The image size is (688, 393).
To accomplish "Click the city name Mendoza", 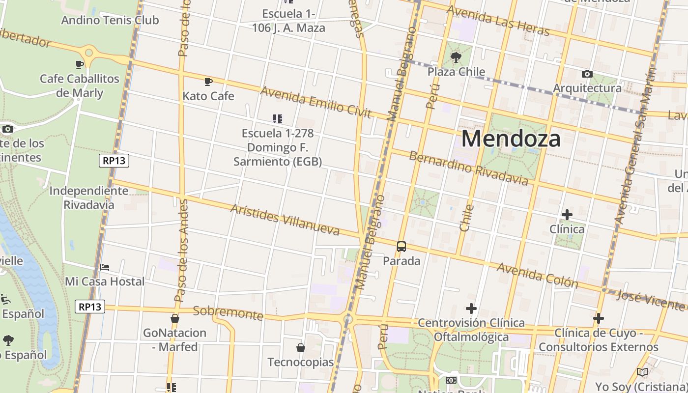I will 511,139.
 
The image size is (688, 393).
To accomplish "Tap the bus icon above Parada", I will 401,247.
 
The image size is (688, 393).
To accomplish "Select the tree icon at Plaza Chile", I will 456,57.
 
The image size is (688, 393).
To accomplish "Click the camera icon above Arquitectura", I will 587,74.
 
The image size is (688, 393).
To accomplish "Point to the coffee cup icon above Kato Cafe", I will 208,82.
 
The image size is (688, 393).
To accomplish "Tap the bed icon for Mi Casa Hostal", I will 105,267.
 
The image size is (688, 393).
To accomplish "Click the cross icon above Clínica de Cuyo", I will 598,318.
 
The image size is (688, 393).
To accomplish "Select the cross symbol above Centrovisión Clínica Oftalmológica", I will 471,309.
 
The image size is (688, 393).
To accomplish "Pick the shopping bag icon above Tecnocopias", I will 301,348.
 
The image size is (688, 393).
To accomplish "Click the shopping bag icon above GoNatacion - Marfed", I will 174,319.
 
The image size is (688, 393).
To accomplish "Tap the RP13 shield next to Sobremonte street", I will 90,307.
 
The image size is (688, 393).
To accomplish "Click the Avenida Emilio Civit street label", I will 315,102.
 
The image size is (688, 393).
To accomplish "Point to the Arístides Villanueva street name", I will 285,220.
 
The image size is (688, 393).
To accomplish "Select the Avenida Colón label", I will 537,275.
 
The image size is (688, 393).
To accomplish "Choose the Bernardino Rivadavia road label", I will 468,168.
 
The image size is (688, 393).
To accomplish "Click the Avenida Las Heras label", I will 498,21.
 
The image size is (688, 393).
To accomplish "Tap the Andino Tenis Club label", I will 110,20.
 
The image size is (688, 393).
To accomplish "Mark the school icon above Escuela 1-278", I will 278,118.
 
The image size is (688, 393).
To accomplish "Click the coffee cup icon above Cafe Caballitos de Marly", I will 80,64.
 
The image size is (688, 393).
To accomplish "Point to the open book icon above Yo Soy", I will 642,372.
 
